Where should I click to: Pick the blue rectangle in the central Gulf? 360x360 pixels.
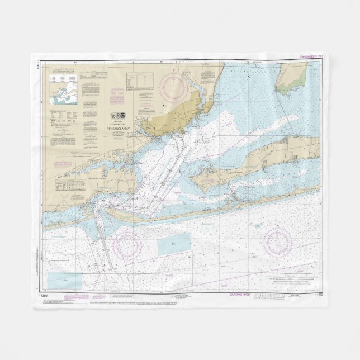(173, 244)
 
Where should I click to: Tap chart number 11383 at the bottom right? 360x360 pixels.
(319, 295)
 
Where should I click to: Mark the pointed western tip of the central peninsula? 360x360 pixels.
(190, 178)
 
